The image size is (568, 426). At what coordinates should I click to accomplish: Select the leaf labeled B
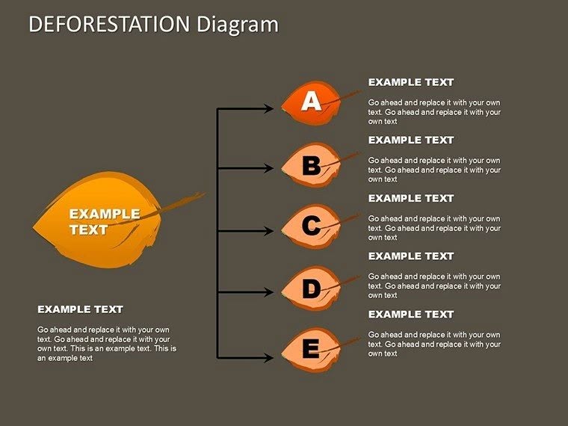311,165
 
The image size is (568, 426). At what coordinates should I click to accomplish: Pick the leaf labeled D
311,289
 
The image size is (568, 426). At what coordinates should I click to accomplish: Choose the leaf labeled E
311,348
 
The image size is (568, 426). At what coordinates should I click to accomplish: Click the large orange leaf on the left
101,220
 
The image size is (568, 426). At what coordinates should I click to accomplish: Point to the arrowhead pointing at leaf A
270,109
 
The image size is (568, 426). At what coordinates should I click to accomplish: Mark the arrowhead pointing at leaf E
270,358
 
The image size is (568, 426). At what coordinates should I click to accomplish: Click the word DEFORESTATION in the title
111,25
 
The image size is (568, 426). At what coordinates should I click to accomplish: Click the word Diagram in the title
238,25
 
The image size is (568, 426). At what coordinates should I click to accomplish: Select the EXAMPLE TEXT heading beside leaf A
411,82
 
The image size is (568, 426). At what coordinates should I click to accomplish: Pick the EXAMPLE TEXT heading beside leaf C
411,198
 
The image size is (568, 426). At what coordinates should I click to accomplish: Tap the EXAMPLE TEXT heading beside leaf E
411,315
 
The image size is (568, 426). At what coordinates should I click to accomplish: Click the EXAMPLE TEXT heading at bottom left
80,309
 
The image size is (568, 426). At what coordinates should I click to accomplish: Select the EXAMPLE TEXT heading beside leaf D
411,256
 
